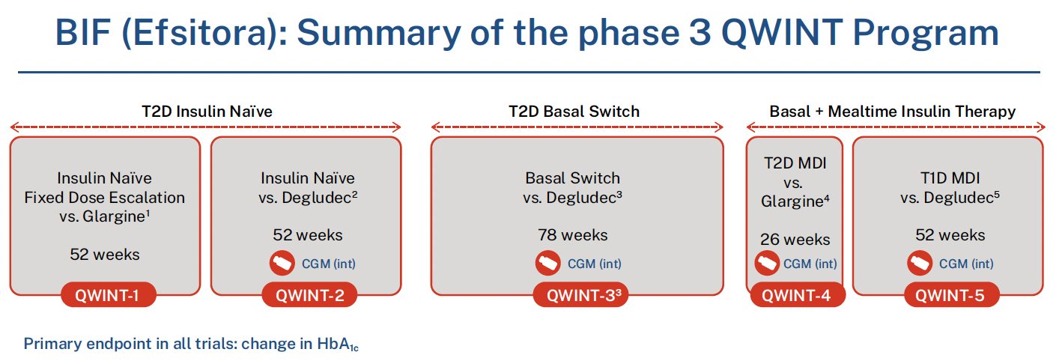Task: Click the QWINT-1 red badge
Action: pos(109,295)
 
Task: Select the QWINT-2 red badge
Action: pos(309,295)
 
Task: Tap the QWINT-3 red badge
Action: pos(581,295)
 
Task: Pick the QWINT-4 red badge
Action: pos(798,295)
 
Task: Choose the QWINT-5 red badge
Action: pos(952,295)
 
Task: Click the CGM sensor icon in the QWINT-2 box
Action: pos(282,264)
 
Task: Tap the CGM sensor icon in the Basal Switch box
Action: pos(548,264)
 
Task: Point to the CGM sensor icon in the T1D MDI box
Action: pos(920,264)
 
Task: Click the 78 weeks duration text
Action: pos(572,235)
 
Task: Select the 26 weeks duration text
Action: pos(795,239)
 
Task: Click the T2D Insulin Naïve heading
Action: pos(207,112)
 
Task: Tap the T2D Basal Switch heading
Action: pos(574,112)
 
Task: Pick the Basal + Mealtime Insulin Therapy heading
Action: pos(893,112)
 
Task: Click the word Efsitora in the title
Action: pos(205,33)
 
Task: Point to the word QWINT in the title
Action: pos(782,33)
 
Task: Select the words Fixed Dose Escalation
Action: pos(105,197)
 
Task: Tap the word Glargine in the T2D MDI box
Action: pos(792,201)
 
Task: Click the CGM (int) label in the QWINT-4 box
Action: pos(810,264)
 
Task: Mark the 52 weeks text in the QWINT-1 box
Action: pos(105,255)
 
